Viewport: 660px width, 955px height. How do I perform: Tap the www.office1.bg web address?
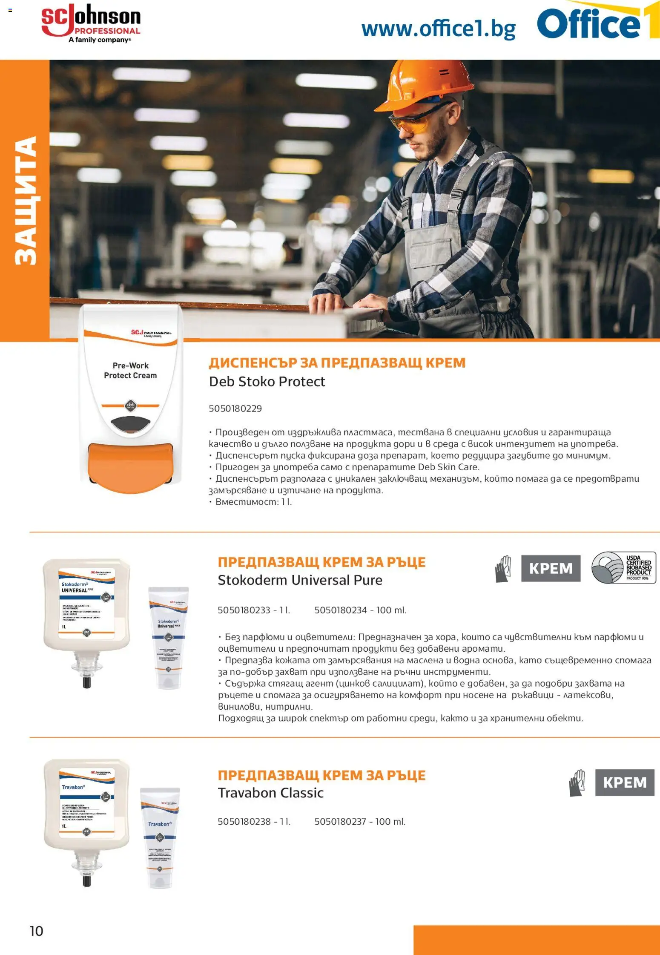(x=438, y=29)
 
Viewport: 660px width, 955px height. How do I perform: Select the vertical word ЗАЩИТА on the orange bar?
(x=26, y=200)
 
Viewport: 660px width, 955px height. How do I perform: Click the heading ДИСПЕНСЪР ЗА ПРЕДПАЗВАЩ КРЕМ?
(x=337, y=363)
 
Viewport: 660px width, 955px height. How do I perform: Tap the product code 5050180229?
(x=235, y=408)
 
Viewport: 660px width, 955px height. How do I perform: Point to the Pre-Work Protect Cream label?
(x=130, y=371)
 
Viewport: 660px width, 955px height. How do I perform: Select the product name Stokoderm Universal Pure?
(x=300, y=580)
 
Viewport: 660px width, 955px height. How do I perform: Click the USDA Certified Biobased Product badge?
(x=623, y=568)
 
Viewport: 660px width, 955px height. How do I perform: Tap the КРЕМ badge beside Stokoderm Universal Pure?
(x=551, y=568)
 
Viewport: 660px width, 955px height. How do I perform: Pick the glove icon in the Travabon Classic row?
(x=577, y=783)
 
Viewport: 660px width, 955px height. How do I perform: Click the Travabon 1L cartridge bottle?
(x=86, y=820)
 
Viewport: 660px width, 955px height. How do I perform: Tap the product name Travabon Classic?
(x=270, y=793)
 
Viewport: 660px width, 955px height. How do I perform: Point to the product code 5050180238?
(x=244, y=821)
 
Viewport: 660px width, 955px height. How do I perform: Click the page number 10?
(x=36, y=931)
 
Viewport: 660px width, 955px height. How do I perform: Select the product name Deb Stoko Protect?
(x=267, y=382)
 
